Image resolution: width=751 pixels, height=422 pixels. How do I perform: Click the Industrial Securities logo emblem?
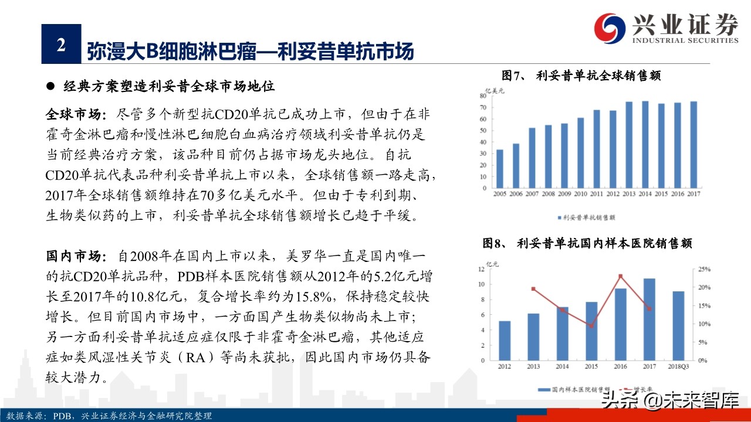coord(611,28)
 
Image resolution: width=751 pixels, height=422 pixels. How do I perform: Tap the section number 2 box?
coord(61,44)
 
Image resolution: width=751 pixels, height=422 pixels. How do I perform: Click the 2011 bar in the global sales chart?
coord(597,149)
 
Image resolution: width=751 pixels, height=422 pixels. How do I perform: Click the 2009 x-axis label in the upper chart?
coord(564,193)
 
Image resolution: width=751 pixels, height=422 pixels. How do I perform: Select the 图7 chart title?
coord(581,76)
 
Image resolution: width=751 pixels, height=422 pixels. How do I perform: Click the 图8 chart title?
coord(587,243)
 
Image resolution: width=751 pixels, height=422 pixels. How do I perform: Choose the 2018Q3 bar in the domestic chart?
coord(678,326)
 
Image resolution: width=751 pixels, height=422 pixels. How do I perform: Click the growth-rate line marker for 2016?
coord(621,276)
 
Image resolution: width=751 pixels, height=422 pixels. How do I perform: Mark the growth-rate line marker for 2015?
coord(591,326)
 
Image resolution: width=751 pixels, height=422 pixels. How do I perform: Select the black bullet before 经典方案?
coord(51,86)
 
